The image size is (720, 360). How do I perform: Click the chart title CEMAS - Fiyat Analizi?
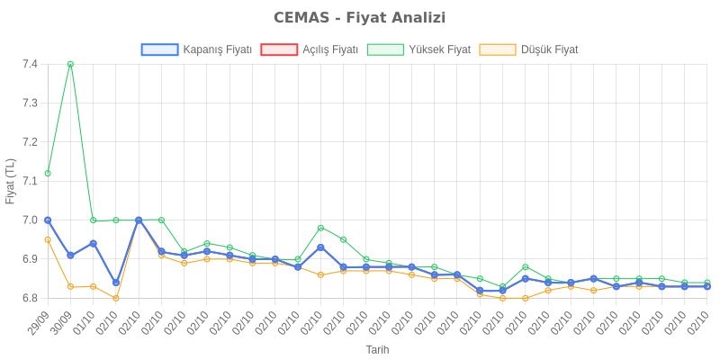pos(360,18)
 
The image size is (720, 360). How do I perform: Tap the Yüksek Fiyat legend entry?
pos(419,49)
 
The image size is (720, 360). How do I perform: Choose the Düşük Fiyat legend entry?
pos(529,49)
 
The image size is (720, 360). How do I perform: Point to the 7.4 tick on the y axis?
pos(30,64)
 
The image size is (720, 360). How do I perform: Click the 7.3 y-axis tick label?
pos(30,103)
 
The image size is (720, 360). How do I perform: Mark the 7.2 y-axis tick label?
pos(30,142)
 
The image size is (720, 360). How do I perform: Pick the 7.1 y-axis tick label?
pos(30,181)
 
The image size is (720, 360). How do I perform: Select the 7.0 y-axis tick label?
pos(30,220)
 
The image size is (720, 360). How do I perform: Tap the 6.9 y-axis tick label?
pos(30,259)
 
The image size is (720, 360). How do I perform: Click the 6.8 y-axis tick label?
pos(30,298)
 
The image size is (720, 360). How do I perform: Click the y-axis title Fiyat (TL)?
pos(11,181)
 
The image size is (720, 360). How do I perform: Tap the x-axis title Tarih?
pos(377,348)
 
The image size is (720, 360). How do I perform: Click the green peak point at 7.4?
pos(70,64)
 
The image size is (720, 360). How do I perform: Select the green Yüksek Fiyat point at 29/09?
pos(48,173)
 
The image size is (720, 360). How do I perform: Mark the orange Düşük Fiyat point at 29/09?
pos(48,239)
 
